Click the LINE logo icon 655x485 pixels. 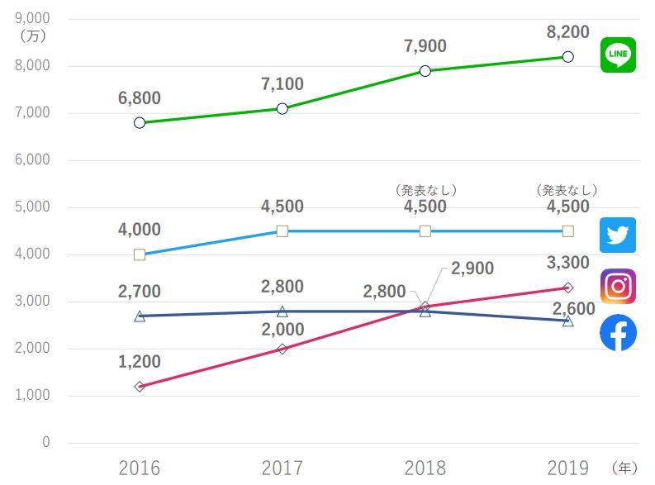pos(618,55)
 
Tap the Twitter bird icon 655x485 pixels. pos(618,235)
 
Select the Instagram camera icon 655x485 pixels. pos(618,286)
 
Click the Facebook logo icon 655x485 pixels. pos(618,332)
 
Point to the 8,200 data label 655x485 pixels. pos(567,31)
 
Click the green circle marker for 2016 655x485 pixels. pos(140,123)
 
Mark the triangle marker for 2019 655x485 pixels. pos(567,321)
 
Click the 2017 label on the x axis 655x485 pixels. pos(282,468)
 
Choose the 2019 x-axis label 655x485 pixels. pos(567,468)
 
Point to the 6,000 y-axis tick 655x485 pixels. pos(32,159)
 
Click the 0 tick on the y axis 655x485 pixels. pos(46,442)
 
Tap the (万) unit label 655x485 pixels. pos(33,36)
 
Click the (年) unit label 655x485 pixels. pos(624,468)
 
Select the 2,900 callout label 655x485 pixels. pos(472,269)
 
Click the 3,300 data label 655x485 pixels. pos(567,263)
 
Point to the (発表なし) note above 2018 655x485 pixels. pos(425,191)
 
